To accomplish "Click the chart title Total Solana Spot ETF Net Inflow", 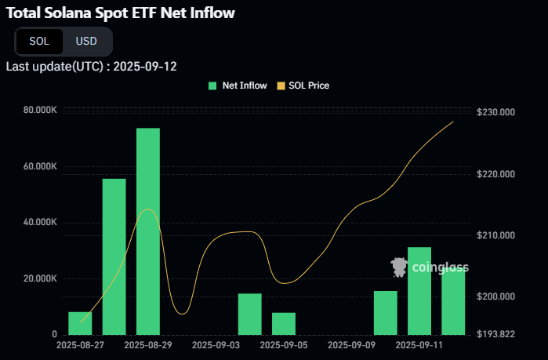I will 120,13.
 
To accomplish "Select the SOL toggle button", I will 39,41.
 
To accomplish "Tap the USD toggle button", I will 86,41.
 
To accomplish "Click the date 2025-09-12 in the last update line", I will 145,66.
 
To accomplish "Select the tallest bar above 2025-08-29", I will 148,231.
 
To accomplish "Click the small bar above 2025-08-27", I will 80,323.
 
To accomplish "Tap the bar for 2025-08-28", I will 114,256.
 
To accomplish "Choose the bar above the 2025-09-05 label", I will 284,323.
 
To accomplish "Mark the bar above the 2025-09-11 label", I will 419,291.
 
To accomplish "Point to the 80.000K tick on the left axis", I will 40,110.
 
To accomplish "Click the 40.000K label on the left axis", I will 40,223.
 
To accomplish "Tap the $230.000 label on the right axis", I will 495,113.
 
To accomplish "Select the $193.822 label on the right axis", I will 495,334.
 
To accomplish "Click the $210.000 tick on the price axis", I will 495,235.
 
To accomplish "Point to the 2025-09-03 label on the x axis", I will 216,344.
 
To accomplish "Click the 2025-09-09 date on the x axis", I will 352,344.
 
